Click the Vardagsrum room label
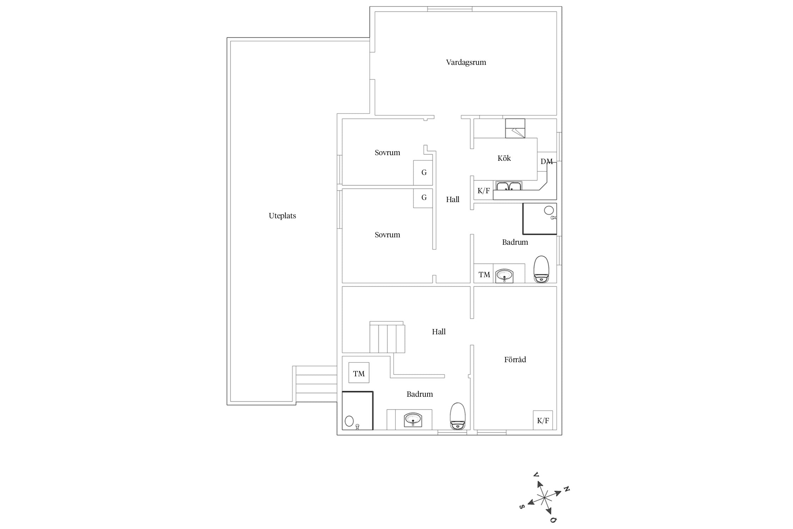point(466,62)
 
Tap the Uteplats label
point(282,216)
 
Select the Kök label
point(504,158)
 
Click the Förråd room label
point(515,359)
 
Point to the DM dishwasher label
point(547,162)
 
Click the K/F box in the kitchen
point(484,190)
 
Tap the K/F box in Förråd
point(543,420)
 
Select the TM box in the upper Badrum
point(484,273)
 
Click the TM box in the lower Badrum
point(359,372)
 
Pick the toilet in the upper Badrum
point(541,269)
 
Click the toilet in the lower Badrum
point(458,416)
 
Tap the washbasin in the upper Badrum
point(504,275)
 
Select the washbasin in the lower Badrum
point(413,419)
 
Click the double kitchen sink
point(509,186)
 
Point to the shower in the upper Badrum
point(540,219)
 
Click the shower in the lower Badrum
point(357,411)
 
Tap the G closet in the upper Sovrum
point(423,173)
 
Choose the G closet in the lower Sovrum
point(423,198)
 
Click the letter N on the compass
point(566,489)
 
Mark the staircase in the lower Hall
point(387,337)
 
